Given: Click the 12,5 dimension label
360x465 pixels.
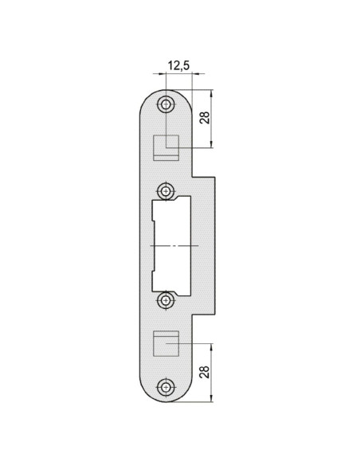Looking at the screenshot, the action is [178, 65].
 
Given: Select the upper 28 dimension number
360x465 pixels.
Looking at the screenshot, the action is [205, 118].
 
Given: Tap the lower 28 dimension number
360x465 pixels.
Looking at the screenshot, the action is [205, 372].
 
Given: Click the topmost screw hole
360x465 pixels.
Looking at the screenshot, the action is [166, 104].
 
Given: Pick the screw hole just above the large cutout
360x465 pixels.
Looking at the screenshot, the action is [166, 191].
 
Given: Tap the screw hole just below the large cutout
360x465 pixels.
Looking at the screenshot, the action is [166, 300].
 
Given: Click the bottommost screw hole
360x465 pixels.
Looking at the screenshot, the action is [166, 387].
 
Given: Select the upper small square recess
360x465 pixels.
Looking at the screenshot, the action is [166, 147].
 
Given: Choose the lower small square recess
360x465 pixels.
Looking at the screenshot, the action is [166, 343].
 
